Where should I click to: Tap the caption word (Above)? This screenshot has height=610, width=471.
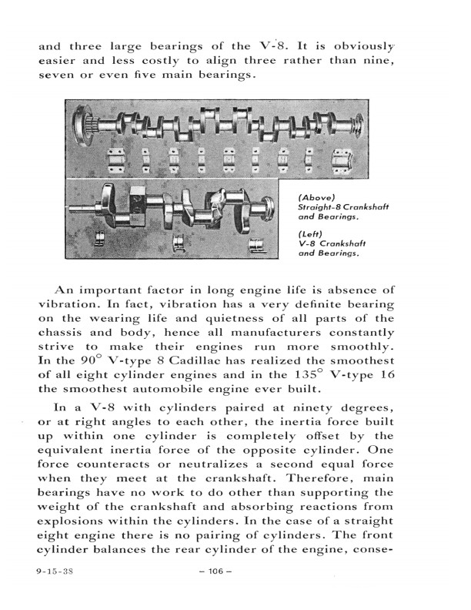(x=316, y=197)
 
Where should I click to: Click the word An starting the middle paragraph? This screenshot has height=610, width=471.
(x=63, y=290)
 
